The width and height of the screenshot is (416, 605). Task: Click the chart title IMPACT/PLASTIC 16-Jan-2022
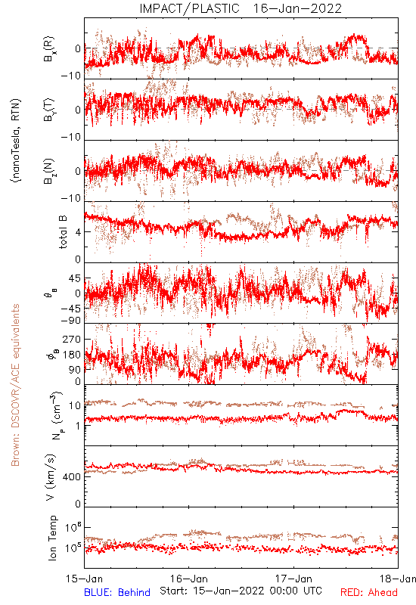(241, 8)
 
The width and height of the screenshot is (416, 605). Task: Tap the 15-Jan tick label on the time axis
(85, 579)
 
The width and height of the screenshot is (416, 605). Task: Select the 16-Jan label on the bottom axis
(189, 579)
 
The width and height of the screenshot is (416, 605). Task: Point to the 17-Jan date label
(293, 579)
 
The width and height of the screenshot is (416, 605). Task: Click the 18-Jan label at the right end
(398, 579)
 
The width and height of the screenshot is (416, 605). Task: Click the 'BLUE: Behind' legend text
(117, 592)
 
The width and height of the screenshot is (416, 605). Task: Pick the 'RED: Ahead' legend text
(368, 592)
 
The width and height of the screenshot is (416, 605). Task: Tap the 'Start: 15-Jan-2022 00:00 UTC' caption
(241, 591)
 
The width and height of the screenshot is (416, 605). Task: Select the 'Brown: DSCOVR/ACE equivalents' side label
(15, 385)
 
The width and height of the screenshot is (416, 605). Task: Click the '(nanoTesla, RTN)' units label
(16, 141)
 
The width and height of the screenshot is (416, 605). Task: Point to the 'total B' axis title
(63, 231)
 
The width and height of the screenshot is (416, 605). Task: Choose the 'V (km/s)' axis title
(51, 477)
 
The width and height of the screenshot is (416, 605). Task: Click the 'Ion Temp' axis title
(52, 538)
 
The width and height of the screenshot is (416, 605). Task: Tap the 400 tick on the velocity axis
(72, 477)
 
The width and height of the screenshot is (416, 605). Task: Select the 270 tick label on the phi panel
(72, 339)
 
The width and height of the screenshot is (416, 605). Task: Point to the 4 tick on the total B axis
(79, 232)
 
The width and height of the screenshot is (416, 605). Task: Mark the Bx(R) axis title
(49, 49)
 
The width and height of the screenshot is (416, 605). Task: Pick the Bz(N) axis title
(49, 171)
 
